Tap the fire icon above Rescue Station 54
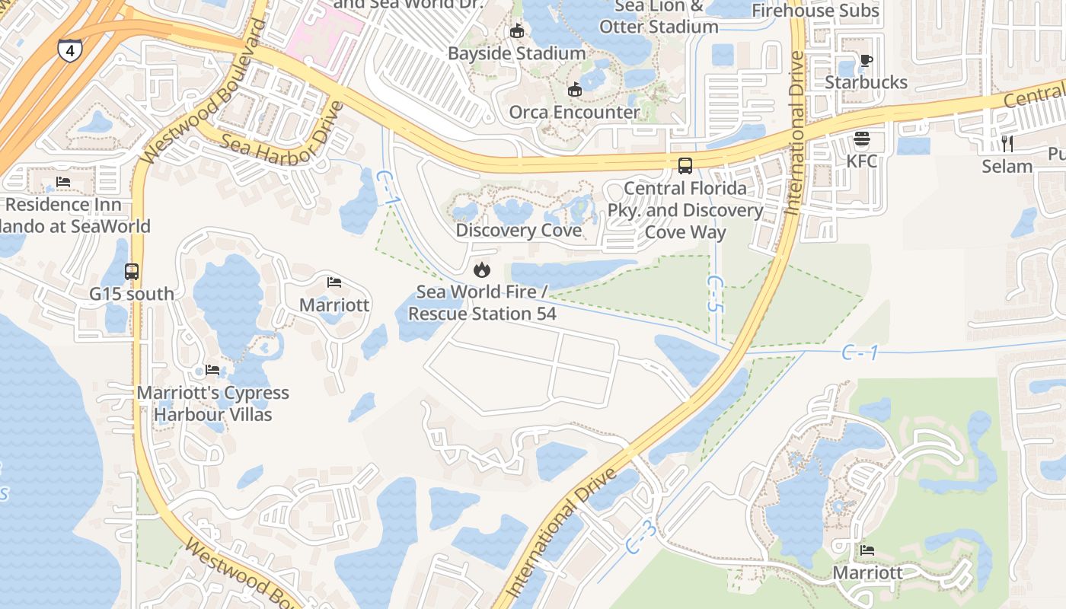click(x=481, y=269)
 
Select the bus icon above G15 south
click(x=132, y=272)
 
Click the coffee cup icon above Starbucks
click(x=866, y=60)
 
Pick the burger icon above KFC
click(x=862, y=139)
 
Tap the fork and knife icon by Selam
click(x=1007, y=143)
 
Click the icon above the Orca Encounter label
click(x=575, y=90)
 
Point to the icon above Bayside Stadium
click(x=517, y=31)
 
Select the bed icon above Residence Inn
click(x=63, y=183)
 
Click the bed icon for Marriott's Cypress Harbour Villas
click(x=212, y=370)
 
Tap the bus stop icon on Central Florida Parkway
click(x=685, y=165)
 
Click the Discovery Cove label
click(x=519, y=230)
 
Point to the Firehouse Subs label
click(x=815, y=11)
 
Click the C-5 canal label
click(x=715, y=295)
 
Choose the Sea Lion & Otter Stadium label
click(x=659, y=17)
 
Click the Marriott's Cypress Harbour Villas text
click(x=213, y=403)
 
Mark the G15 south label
click(x=132, y=294)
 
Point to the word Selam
click(x=1007, y=166)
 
